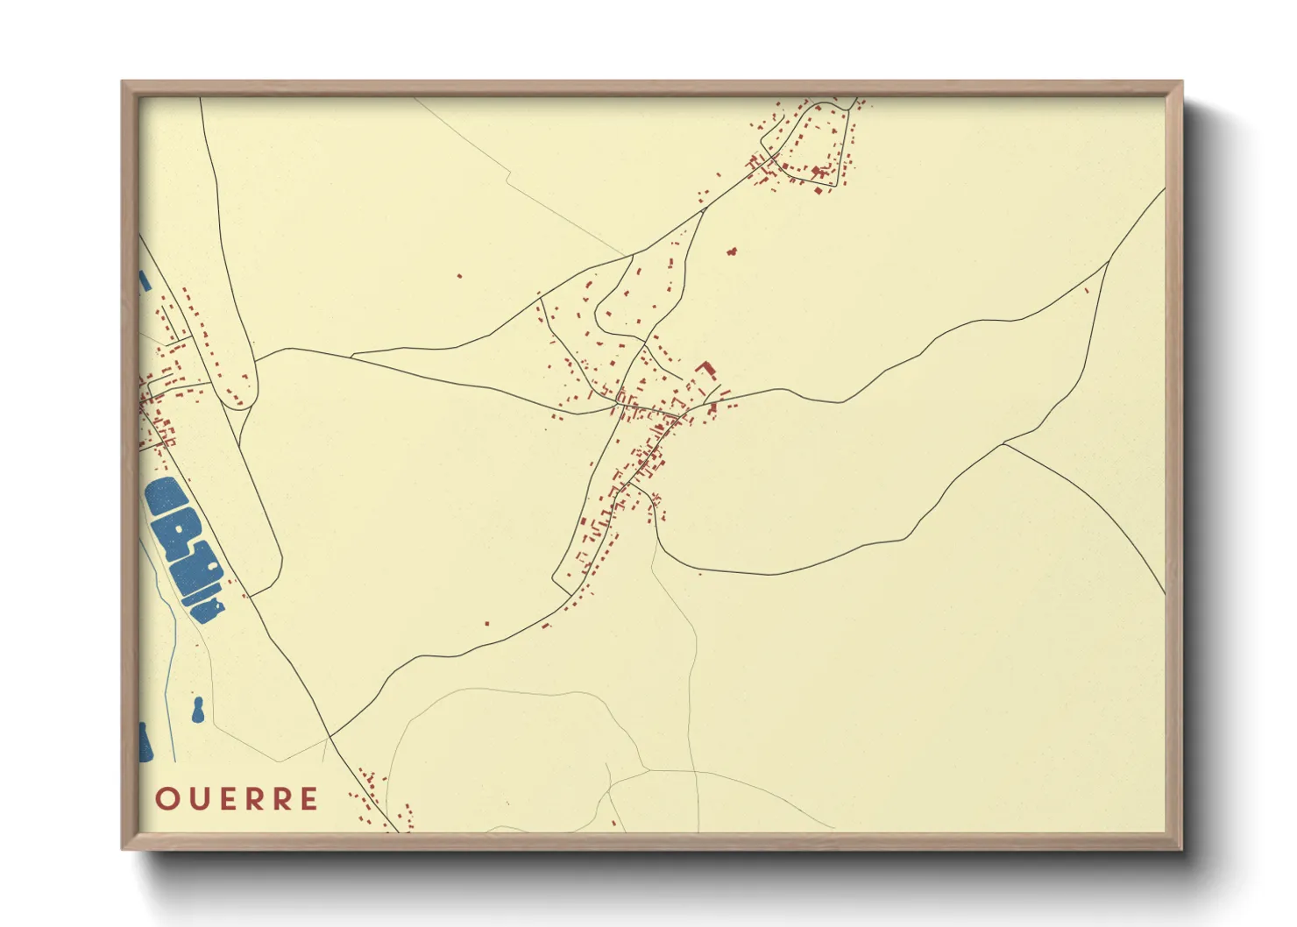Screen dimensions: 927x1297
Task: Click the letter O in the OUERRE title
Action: point(167,799)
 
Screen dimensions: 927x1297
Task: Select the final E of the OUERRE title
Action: point(309,799)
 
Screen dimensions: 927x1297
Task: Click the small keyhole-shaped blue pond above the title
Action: point(198,711)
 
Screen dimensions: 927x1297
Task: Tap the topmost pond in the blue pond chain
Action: point(166,496)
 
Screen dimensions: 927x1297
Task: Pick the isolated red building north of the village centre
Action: point(732,251)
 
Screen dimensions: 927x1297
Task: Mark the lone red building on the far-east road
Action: point(1087,290)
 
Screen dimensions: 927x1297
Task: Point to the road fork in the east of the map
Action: point(1003,444)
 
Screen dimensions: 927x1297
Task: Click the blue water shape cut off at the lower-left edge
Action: point(145,743)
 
